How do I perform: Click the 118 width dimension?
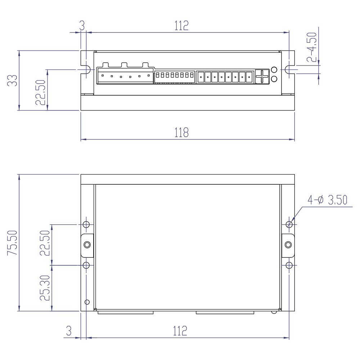181,132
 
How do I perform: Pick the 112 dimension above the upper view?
181,26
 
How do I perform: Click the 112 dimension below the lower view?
180,330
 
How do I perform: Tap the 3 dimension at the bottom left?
68,330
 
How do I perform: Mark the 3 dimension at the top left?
82,26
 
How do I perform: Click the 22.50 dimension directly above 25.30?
45,243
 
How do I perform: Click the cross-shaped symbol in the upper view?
262,76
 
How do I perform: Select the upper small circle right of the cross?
274,70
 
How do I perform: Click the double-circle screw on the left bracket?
87,245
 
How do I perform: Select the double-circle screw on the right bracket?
288,245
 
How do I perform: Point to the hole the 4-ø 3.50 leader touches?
289,224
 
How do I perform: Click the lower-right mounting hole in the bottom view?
289,265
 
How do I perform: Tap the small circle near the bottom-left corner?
86,302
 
